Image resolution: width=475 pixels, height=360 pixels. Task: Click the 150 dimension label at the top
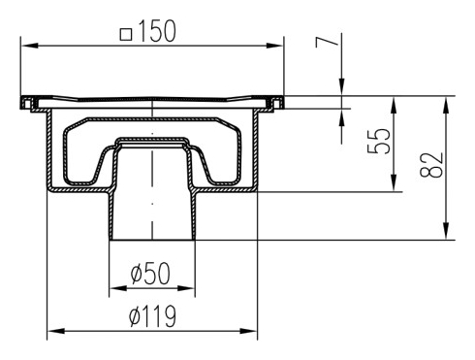[157, 31]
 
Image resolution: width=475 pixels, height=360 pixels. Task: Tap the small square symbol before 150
[126, 34]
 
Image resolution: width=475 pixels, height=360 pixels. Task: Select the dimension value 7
[327, 42]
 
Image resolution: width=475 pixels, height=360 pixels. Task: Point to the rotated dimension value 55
[379, 141]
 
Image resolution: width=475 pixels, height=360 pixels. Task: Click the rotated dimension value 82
[431, 165]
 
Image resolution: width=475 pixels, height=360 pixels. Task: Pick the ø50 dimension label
[150, 274]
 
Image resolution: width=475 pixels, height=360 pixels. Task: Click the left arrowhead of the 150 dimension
[28, 46]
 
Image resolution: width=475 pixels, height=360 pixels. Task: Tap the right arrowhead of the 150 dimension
[276, 46]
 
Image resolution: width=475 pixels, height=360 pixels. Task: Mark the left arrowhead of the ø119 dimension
[55, 331]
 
